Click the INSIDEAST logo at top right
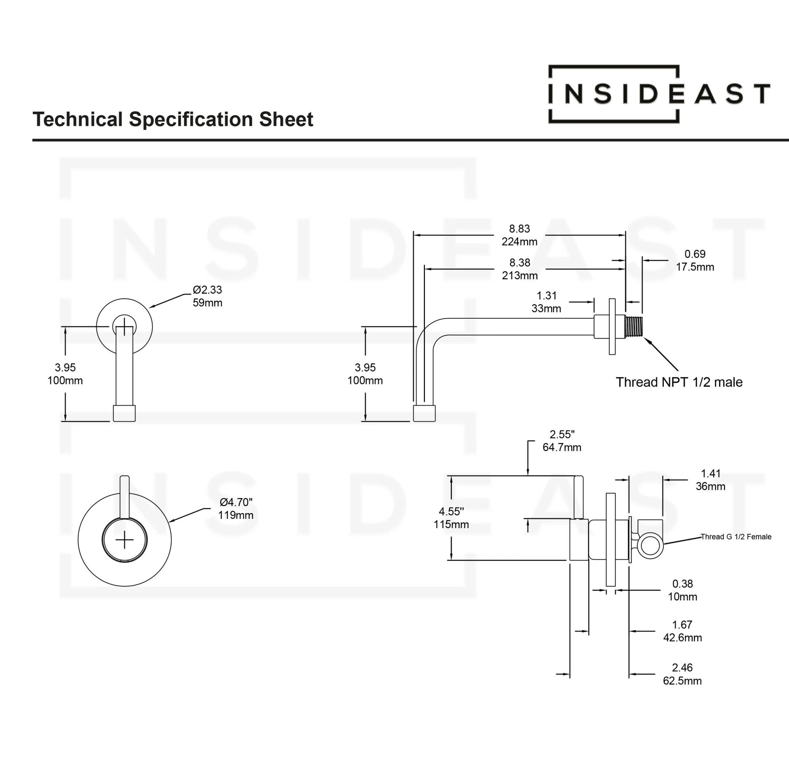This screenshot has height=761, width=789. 658,94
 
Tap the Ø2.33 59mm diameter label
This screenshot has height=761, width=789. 207,296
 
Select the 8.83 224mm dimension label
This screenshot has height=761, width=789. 519,235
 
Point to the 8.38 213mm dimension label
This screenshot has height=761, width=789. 519,269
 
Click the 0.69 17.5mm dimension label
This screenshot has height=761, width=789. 695,260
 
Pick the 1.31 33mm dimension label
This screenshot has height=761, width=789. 546,302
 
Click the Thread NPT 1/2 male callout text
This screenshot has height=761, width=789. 679,382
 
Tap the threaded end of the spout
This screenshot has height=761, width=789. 634,326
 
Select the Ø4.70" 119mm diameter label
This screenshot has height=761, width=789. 236,509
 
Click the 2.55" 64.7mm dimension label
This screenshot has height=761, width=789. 562,441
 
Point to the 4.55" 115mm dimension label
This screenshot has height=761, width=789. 451,518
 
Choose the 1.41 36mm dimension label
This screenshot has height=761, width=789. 710,480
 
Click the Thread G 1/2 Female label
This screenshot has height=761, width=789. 736,537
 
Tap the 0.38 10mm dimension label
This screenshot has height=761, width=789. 682,590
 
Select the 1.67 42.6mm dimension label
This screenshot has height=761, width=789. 682,631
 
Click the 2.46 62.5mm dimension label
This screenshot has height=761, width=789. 682,674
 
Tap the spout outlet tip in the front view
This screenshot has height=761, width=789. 124,413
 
